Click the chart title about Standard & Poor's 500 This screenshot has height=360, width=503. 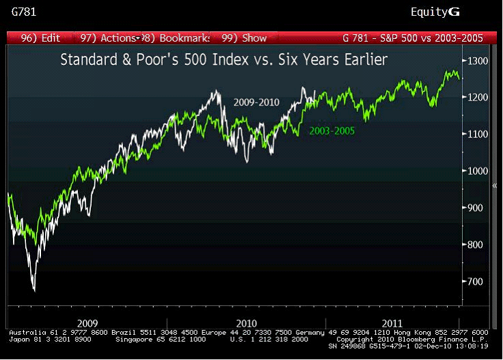[224, 60]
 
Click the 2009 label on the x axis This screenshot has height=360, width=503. [87, 322]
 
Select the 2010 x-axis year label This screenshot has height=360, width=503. [246, 322]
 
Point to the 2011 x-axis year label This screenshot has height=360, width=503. [392, 322]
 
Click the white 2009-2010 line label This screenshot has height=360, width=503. [256, 102]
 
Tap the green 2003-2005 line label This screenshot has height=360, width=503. [332, 130]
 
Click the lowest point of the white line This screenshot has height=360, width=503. [34, 290]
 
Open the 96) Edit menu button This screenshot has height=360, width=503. [42, 38]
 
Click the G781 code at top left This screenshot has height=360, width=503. [23, 12]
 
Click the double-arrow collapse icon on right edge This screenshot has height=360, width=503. [494, 185]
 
